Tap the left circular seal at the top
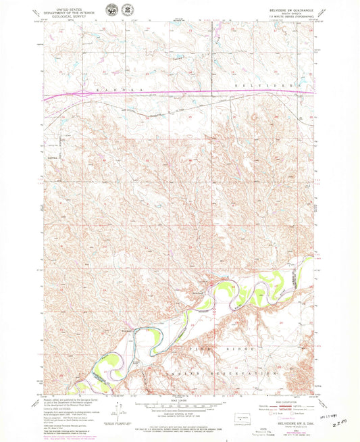point(109,12)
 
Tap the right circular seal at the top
point(126,12)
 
